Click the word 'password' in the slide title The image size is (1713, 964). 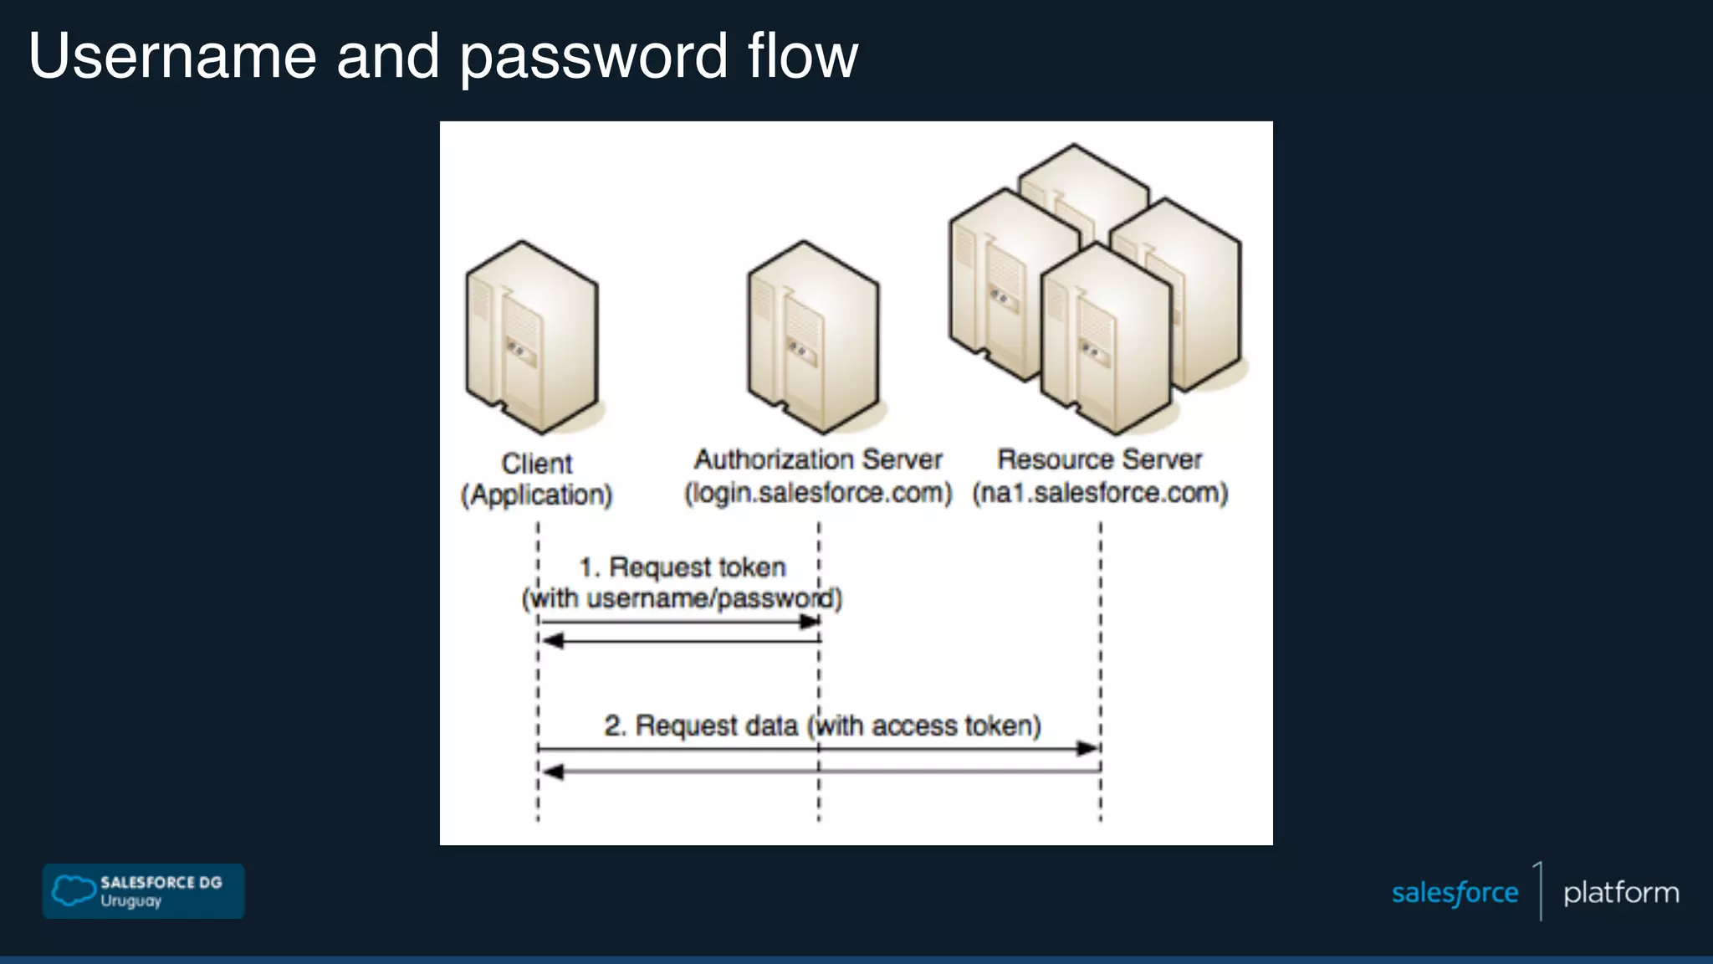tap(594, 57)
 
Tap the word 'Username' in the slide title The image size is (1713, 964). tap(172, 57)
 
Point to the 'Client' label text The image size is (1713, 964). tap(537, 463)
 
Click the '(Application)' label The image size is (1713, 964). tap(537, 495)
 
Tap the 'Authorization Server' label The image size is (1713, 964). tap(818, 459)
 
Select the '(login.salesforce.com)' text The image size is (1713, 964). tap(818, 493)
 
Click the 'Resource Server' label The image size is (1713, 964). tap(1099, 459)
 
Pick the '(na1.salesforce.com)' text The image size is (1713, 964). tap(1099, 493)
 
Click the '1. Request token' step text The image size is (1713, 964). tap(683, 567)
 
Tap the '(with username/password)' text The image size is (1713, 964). tap(683, 599)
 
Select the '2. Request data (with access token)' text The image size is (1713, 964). tap(822, 726)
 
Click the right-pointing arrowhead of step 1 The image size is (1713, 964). tap(810, 622)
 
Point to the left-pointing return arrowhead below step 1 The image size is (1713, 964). tap(552, 641)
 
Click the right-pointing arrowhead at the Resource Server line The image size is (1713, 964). tap(1087, 748)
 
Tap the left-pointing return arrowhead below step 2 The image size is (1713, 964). tap(552, 772)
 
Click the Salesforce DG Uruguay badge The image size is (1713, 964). tap(144, 891)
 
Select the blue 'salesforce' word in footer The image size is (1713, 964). tap(1455, 893)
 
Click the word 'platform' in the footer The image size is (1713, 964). tap(1620, 893)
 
